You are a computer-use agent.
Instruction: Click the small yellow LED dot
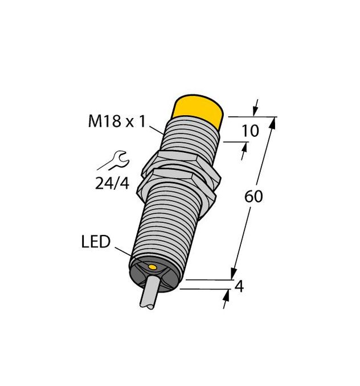(153, 266)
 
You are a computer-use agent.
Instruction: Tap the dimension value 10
(251, 131)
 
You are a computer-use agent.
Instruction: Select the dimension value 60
(253, 197)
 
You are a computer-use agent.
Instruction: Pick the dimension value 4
(239, 287)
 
